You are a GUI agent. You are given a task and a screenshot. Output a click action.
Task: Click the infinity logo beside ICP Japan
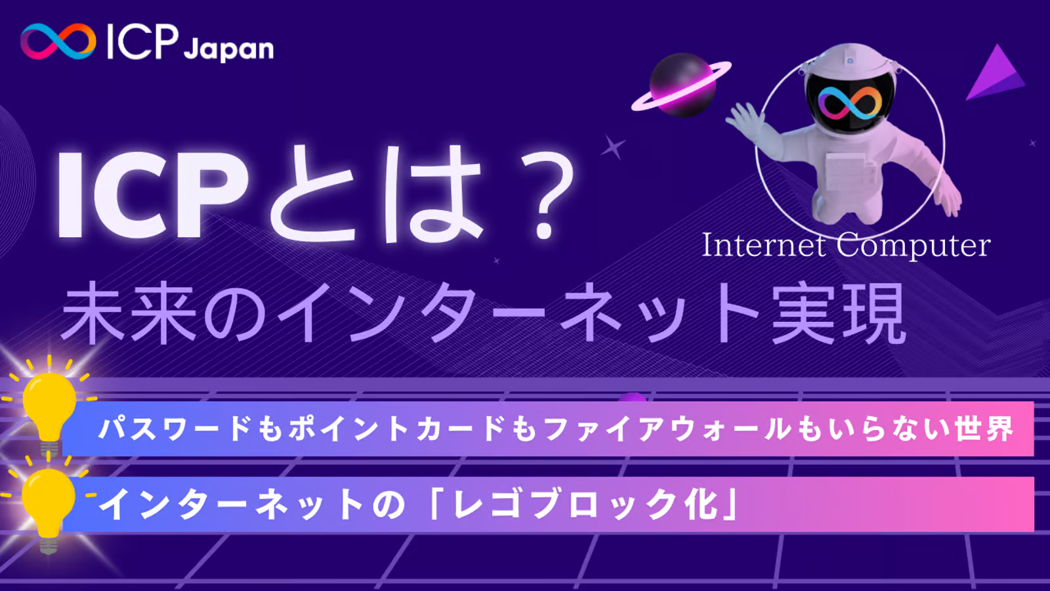(58, 41)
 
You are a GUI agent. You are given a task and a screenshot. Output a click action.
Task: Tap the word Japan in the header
(228, 49)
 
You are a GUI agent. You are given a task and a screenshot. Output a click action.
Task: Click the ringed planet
(681, 85)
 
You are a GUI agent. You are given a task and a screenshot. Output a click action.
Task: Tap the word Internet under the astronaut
(764, 246)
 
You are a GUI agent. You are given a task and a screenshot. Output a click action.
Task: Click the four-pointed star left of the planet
(613, 147)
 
